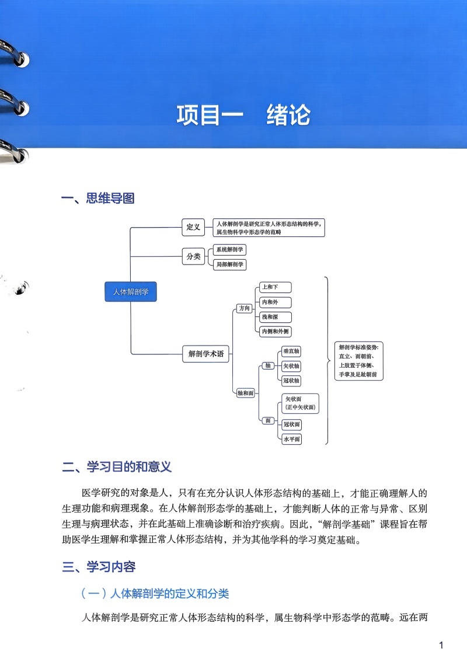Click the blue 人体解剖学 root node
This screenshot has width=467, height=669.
tap(131, 291)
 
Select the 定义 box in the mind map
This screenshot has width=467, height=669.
tap(193, 227)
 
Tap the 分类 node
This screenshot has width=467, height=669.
tap(193, 256)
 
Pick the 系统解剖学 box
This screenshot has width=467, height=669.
tap(229, 250)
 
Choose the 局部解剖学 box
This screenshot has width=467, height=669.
tap(230, 264)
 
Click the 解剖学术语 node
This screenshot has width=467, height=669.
tap(206, 354)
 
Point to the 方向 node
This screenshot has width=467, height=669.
tap(245, 308)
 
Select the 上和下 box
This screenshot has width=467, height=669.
tap(276, 287)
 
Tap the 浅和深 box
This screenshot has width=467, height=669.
tap(276, 317)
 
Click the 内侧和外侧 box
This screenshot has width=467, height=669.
tap(276, 332)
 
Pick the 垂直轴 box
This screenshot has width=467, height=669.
tap(291, 351)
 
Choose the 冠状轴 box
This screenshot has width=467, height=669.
tap(291, 381)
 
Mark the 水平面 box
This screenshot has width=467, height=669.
tap(292, 439)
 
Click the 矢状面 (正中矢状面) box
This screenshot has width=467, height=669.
tap(300, 403)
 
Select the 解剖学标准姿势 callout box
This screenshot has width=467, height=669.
tap(358, 361)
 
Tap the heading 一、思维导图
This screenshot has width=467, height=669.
tap(98, 198)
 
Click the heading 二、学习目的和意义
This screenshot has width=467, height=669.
tap(117, 467)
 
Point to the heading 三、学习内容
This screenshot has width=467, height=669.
tap(99, 567)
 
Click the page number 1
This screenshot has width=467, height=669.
tap(441, 645)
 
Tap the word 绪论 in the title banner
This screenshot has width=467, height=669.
tap(288, 115)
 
